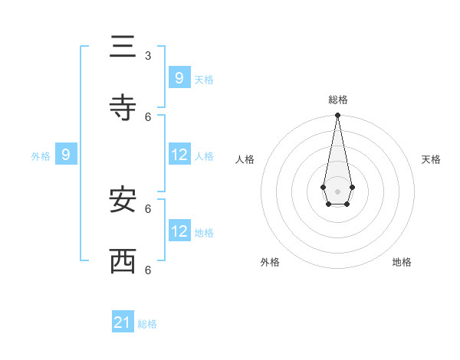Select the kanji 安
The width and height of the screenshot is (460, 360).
coord(123,200)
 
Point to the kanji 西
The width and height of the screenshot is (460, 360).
coord(123,261)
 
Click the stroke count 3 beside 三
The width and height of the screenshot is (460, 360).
coord(148,55)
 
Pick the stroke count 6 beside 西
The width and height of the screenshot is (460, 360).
coord(148,270)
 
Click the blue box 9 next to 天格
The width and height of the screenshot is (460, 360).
coord(179,77)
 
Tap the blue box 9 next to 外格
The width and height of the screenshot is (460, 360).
coord(66,155)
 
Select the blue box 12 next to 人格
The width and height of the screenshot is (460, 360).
coord(179,155)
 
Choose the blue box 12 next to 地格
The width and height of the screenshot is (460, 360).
coord(179,231)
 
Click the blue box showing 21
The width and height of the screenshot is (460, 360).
coord(123,322)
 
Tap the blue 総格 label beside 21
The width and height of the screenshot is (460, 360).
coord(147,324)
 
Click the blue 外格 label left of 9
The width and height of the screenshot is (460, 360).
coord(41,156)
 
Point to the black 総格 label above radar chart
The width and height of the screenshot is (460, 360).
coord(338,100)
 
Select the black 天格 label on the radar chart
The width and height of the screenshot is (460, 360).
coord(431,159)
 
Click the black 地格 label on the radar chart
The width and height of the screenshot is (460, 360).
coord(402,262)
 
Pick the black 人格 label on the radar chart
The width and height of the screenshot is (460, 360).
coord(245,159)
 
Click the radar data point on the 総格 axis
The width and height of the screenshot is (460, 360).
coord(337,115)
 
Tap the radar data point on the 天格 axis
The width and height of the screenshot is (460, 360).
coord(352,187)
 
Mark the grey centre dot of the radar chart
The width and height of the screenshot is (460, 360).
coord(337,191)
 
